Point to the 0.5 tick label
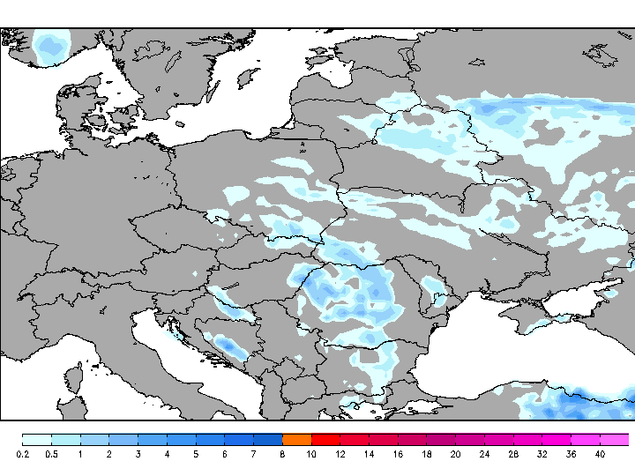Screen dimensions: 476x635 click(51, 454)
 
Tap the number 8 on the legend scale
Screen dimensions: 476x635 click(283, 454)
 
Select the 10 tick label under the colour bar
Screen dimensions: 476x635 click(311, 454)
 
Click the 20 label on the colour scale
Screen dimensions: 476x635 click(455, 454)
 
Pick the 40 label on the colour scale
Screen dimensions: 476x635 click(600, 454)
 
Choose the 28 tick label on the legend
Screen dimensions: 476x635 click(512, 454)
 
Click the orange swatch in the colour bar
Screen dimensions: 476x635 click(297, 439)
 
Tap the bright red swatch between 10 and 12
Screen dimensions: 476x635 click(325, 439)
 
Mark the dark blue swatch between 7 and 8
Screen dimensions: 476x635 click(268, 439)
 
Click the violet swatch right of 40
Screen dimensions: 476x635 click(615, 439)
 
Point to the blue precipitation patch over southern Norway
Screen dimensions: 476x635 click(50, 44)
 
